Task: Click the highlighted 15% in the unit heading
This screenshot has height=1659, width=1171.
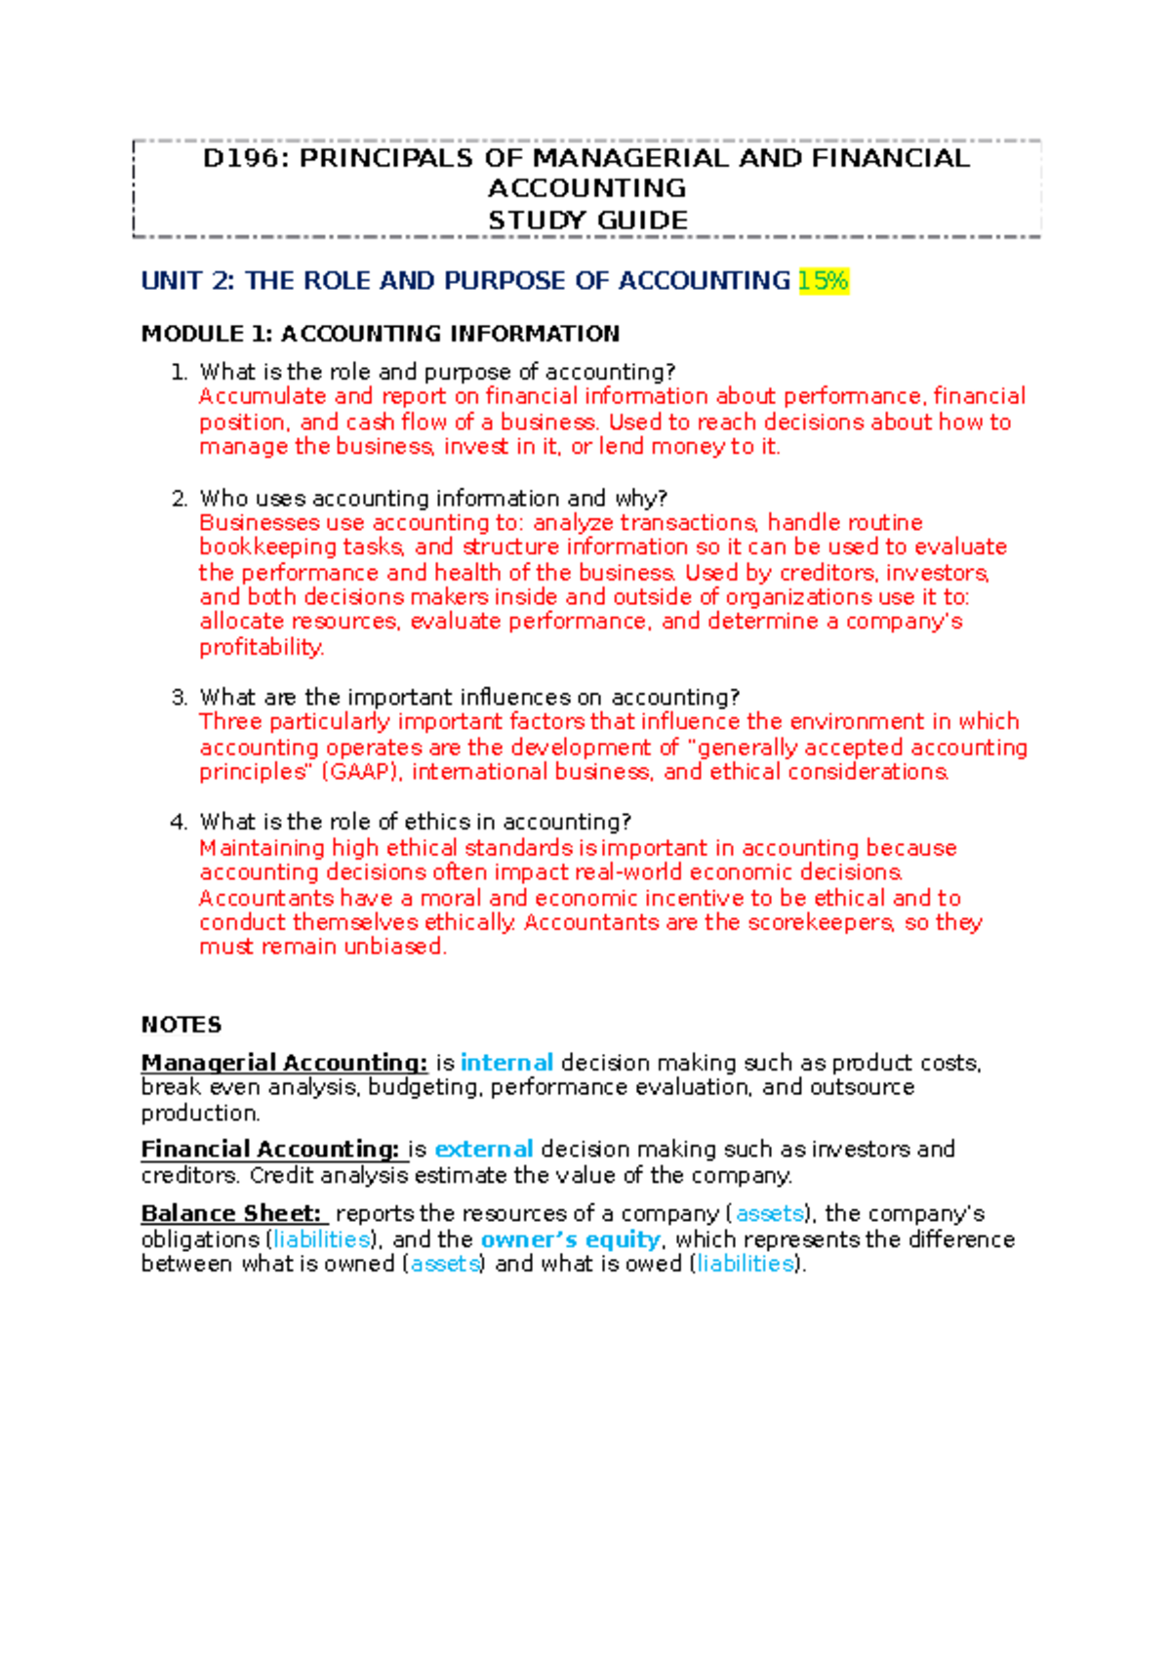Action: coord(823,281)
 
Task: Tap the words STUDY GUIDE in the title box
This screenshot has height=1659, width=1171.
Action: coord(587,220)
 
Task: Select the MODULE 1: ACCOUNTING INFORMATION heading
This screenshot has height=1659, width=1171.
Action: coord(381,334)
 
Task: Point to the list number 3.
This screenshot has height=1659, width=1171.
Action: coord(179,697)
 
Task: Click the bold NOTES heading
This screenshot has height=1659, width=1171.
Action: coord(182,1025)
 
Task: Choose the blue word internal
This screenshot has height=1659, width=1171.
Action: coord(506,1062)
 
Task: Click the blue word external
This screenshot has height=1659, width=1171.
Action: coord(484,1149)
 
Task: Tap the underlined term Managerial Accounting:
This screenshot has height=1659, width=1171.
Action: coord(284,1062)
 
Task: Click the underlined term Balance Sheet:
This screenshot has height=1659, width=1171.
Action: coord(231,1213)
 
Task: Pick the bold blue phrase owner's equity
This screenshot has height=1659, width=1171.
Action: coord(571,1238)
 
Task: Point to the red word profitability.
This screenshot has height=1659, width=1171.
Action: coord(261,647)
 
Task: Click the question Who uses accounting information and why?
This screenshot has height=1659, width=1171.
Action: coord(433,498)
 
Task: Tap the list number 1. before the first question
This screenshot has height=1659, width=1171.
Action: coord(179,372)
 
